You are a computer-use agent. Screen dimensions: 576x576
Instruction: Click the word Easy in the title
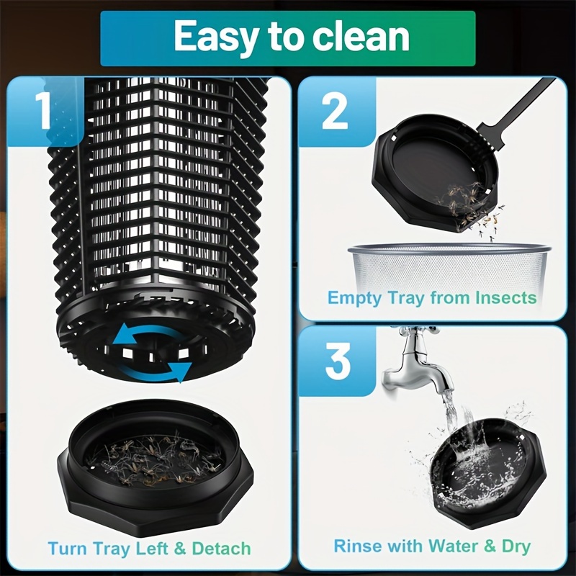coord(215,38)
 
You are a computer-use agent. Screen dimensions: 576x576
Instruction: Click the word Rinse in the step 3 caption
coord(358,546)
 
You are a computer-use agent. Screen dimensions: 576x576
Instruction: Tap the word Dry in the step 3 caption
coord(514,546)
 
